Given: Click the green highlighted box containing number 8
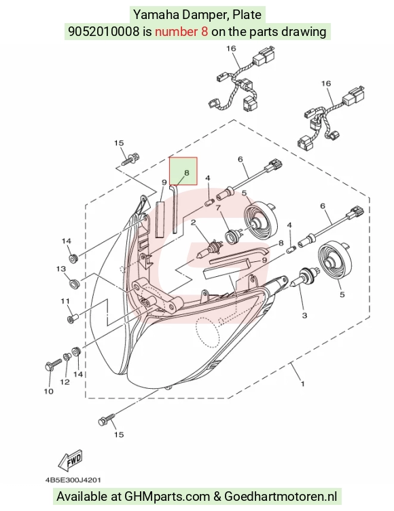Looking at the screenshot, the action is [x=183, y=171].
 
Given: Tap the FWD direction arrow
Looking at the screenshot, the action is [x=70, y=461].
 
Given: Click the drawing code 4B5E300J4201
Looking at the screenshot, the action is [x=73, y=480].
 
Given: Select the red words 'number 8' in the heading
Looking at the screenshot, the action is [x=181, y=32].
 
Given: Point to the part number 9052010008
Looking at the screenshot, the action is [x=103, y=32].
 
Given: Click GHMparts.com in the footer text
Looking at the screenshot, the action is [x=167, y=497].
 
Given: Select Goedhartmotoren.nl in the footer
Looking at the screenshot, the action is [x=281, y=497].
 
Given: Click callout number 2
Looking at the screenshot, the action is [x=193, y=223].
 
